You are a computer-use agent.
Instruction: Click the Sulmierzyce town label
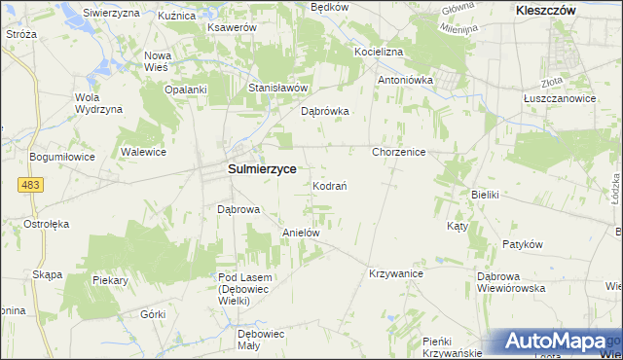click(x=261, y=167)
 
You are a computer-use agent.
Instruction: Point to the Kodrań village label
click(x=331, y=185)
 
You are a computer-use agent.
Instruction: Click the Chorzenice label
click(x=400, y=153)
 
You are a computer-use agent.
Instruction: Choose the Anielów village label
click(x=301, y=234)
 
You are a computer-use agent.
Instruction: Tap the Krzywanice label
click(x=394, y=274)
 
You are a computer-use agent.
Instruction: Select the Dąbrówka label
click(x=325, y=111)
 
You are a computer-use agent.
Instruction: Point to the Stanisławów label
click(x=277, y=88)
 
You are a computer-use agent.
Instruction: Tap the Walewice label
click(x=143, y=153)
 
